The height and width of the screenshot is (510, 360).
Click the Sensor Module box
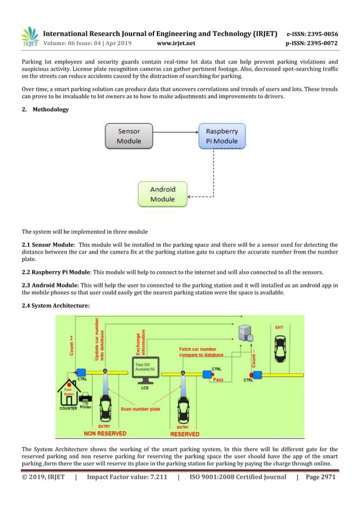129,136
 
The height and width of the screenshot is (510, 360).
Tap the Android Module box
163,194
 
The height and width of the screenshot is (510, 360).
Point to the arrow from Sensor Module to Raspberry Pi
175,134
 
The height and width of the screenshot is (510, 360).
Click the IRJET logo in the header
29,37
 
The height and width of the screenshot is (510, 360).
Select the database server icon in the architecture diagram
245,334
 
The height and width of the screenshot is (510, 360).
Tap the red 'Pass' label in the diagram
218,380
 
